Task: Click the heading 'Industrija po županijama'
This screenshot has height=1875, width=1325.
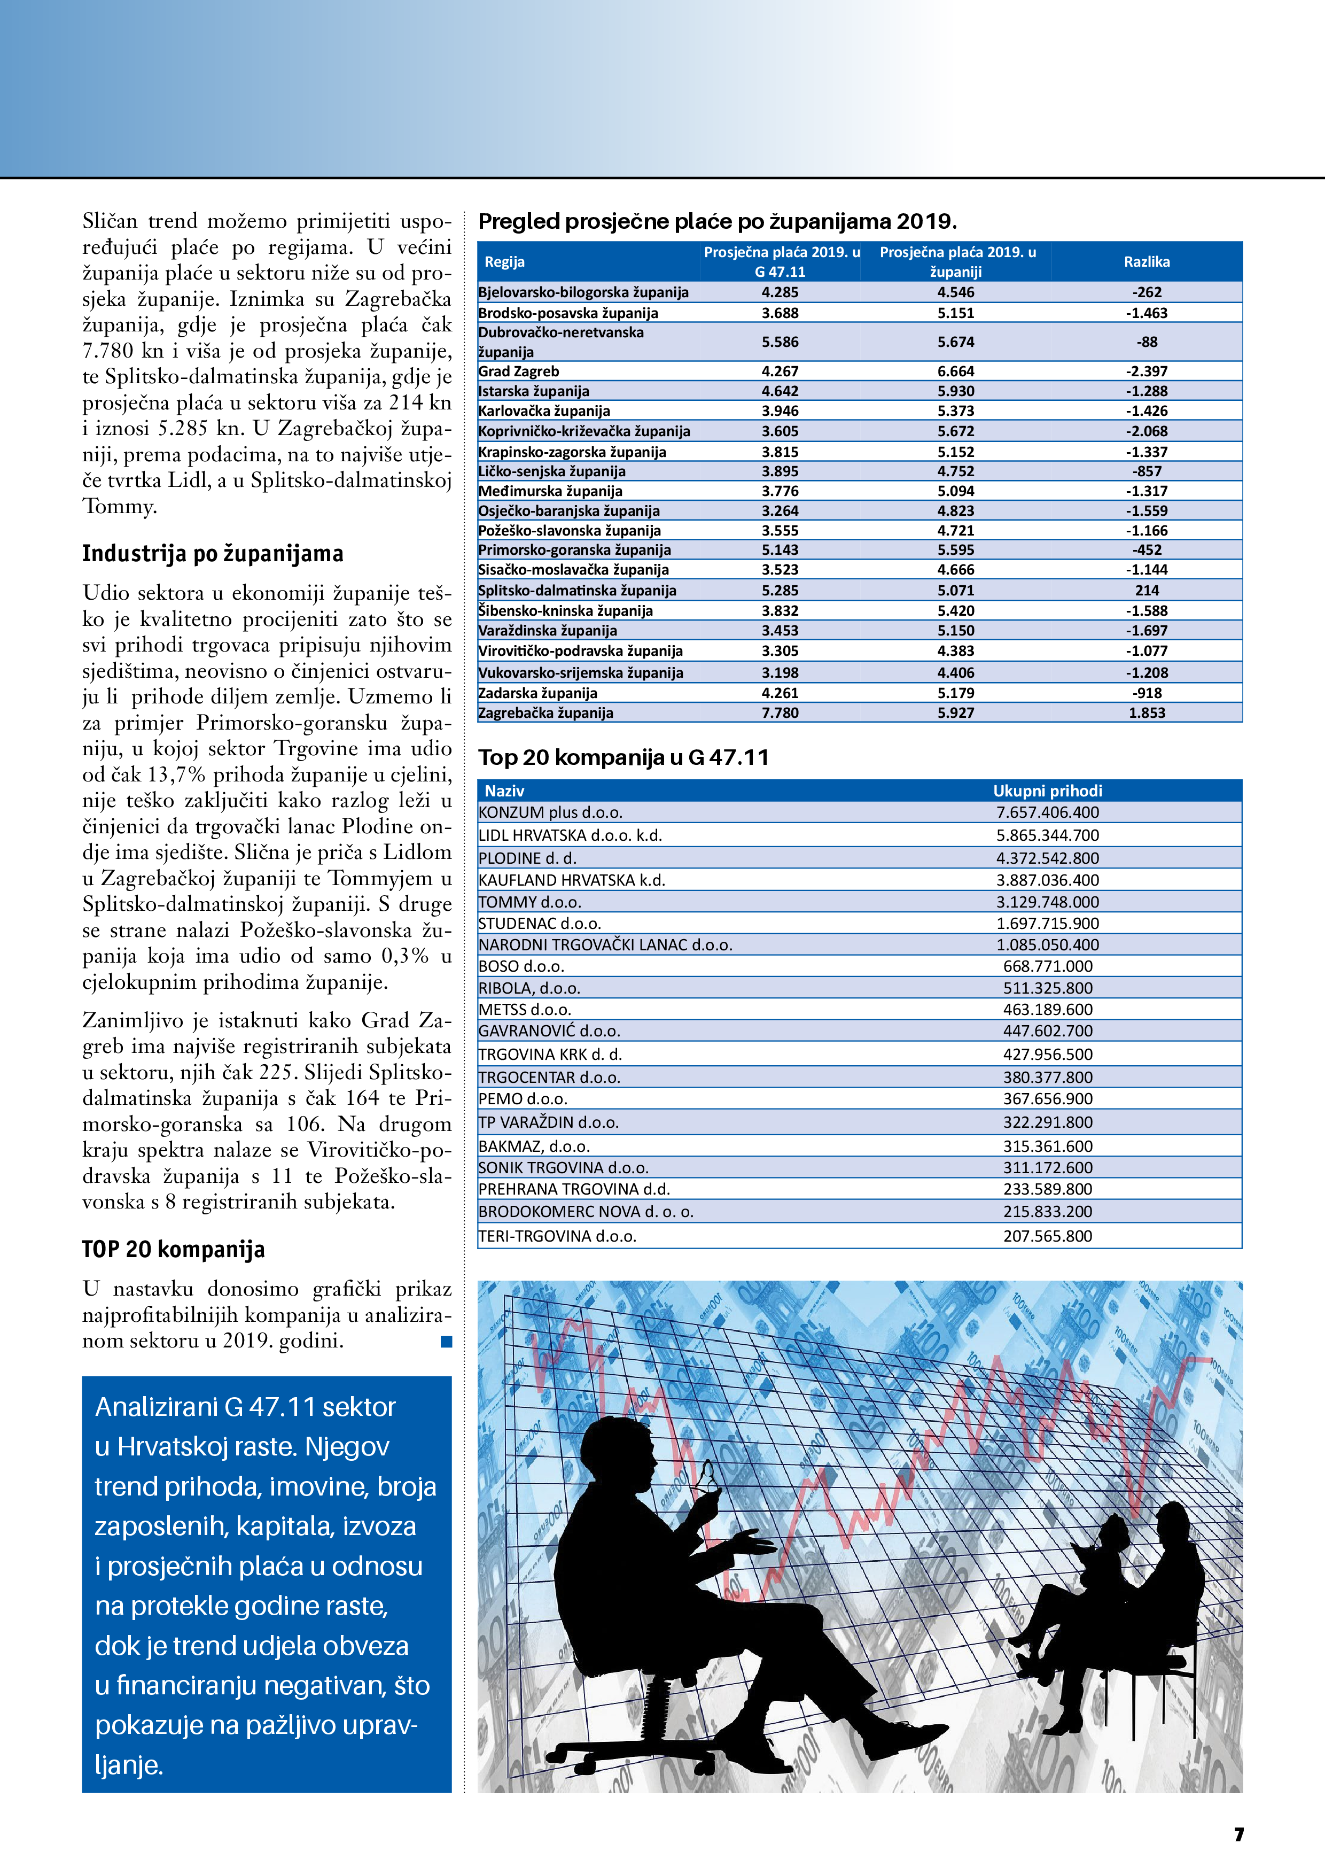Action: coord(212,554)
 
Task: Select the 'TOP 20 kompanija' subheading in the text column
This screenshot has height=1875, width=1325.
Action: coord(173,1250)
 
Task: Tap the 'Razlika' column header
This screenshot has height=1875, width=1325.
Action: coord(1146,262)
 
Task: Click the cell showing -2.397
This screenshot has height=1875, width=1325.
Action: coord(1146,371)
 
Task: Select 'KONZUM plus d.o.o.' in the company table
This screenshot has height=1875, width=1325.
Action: coord(550,812)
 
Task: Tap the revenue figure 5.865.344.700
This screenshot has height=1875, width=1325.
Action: coord(1047,835)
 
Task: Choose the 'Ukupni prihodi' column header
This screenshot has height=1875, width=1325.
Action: coord(1047,791)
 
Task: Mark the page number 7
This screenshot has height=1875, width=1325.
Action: coord(1238,1834)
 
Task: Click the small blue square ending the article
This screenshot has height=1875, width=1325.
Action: coord(446,1342)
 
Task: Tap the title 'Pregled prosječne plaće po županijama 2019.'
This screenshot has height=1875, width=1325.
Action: coord(717,221)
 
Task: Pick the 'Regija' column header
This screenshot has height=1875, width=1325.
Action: coord(504,262)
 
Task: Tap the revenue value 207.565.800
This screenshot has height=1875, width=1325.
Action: coord(1047,1236)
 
